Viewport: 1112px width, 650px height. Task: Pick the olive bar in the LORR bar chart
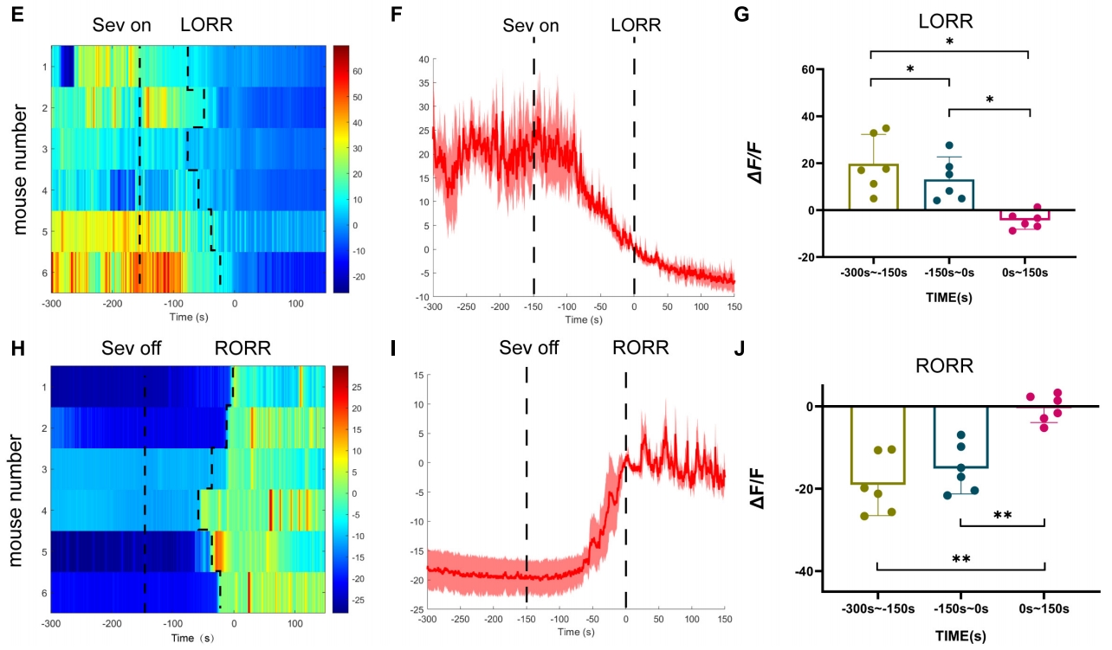point(873,187)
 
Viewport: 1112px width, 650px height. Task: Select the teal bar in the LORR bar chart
point(950,195)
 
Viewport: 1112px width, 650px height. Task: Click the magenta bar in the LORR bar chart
point(1029,215)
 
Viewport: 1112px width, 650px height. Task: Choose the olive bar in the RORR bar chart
point(878,445)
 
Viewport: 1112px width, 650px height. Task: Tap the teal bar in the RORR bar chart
point(961,437)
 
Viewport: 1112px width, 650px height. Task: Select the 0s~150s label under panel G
point(1028,273)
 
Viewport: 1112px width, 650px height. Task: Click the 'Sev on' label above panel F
point(531,25)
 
